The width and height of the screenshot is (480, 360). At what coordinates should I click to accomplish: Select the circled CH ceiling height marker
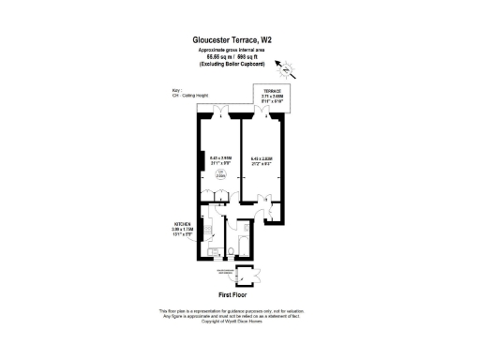click(x=221, y=174)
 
